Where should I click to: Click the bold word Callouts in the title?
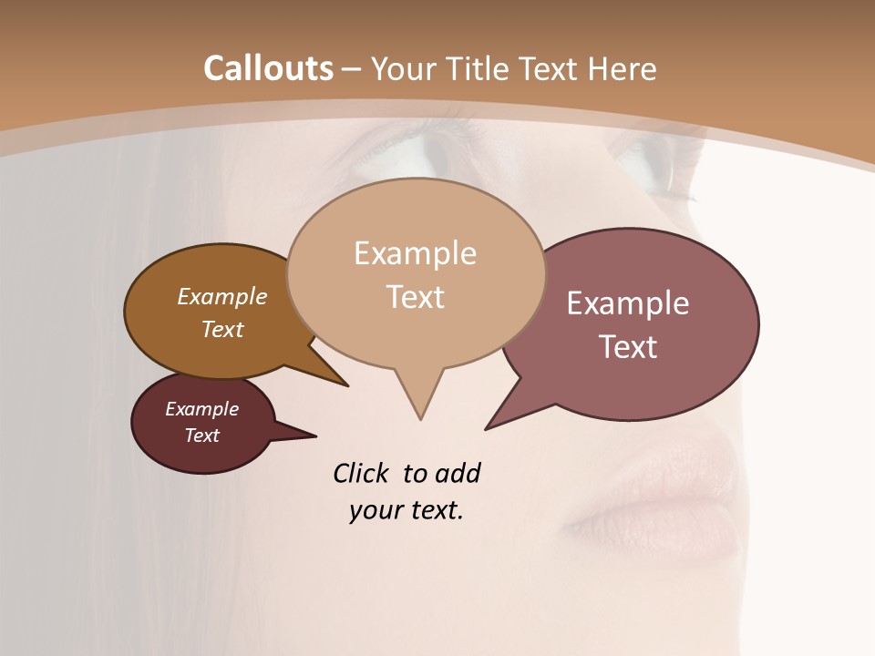[268, 68]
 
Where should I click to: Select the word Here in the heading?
[623, 68]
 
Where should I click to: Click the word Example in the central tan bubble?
[415, 253]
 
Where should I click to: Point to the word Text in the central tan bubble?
[415, 297]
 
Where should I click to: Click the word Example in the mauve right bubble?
[628, 303]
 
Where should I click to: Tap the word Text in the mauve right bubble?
[628, 347]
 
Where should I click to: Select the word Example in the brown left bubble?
[222, 296]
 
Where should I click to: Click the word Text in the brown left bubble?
[222, 329]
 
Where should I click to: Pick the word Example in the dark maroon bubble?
[201, 409]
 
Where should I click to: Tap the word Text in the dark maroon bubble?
[201, 436]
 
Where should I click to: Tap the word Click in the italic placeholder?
[363, 474]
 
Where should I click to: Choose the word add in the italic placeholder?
[458, 474]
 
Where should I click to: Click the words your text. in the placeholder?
[407, 510]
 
